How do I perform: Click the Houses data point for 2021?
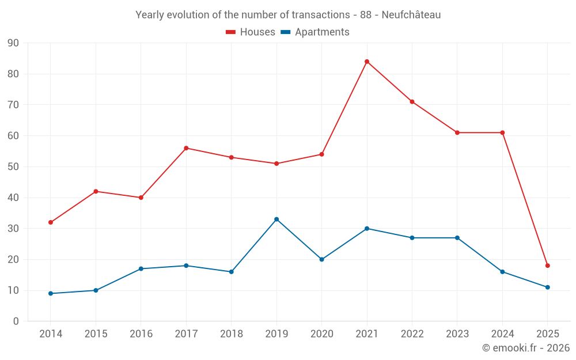pos(367,62)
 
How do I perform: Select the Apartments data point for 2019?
pos(276,219)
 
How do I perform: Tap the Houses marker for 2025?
pos(547,266)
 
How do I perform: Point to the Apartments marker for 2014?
pos(51,293)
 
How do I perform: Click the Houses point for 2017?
pos(186,148)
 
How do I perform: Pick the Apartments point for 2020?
pos(321,259)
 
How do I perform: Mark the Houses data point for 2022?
pos(412,102)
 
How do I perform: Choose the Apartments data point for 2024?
pos(502,272)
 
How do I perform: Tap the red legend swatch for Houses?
pos(230,32)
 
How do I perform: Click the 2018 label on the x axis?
pos(231,334)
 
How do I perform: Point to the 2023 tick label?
pos(457,334)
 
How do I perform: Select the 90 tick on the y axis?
pos(13,43)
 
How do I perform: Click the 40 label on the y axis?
pos(13,198)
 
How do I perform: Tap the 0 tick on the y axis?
pos(16,321)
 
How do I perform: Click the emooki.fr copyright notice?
pos(525,348)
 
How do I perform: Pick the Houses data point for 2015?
pos(96,191)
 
